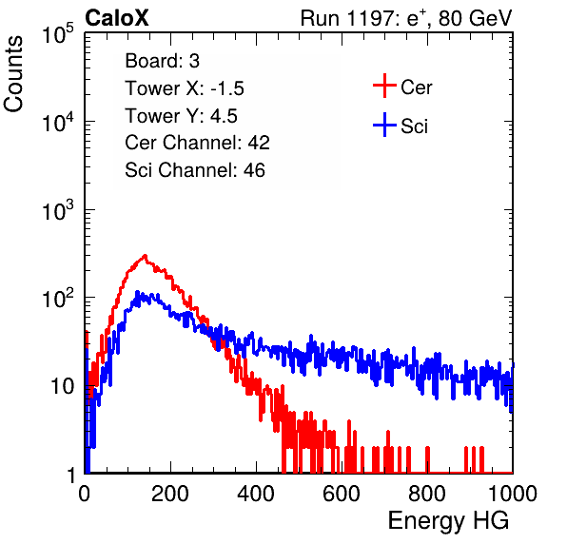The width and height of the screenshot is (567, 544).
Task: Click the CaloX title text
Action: (x=116, y=18)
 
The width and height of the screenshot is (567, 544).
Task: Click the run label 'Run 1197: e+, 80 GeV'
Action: (x=406, y=18)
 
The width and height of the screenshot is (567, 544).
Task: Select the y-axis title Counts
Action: (x=13, y=74)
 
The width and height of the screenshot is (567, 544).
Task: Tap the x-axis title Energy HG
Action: (x=448, y=521)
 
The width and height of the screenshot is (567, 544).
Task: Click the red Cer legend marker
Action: (x=384, y=86)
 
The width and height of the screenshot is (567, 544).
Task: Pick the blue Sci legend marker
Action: (x=384, y=126)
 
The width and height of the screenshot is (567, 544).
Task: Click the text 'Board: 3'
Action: (x=162, y=61)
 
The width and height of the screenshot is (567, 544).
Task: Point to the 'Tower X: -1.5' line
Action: (x=185, y=88)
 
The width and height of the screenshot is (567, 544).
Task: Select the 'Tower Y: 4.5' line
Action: (x=181, y=116)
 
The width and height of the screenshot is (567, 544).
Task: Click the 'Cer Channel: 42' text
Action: (x=197, y=143)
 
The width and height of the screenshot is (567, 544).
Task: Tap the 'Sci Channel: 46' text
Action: (x=195, y=170)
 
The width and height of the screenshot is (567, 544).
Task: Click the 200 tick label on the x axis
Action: (x=170, y=493)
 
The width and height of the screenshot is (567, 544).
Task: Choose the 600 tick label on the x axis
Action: (x=342, y=493)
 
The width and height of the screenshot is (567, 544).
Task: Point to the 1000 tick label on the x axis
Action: (x=513, y=493)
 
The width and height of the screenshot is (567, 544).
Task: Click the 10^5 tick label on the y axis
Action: (x=57, y=33)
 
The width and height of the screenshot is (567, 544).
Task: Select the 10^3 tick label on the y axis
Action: (x=57, y=210)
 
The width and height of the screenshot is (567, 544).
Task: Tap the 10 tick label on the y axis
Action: (x=63, y=386)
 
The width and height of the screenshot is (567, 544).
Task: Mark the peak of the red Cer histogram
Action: (x=145, y=255)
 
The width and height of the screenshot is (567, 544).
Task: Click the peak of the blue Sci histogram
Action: (x=137, y=291)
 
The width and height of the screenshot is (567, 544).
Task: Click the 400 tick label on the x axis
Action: (x=256, y=493)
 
